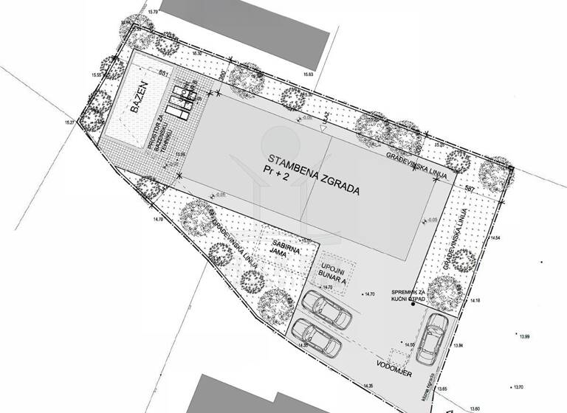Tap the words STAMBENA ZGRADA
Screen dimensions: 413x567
pos(314,175)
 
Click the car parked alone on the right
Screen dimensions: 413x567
pos(431,338)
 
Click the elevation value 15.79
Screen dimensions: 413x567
pos(154,13)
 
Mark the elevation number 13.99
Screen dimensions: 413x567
pos(524,336)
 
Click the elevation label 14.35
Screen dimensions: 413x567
pos(365,385)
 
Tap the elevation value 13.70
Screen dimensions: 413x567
pos(517,386)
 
